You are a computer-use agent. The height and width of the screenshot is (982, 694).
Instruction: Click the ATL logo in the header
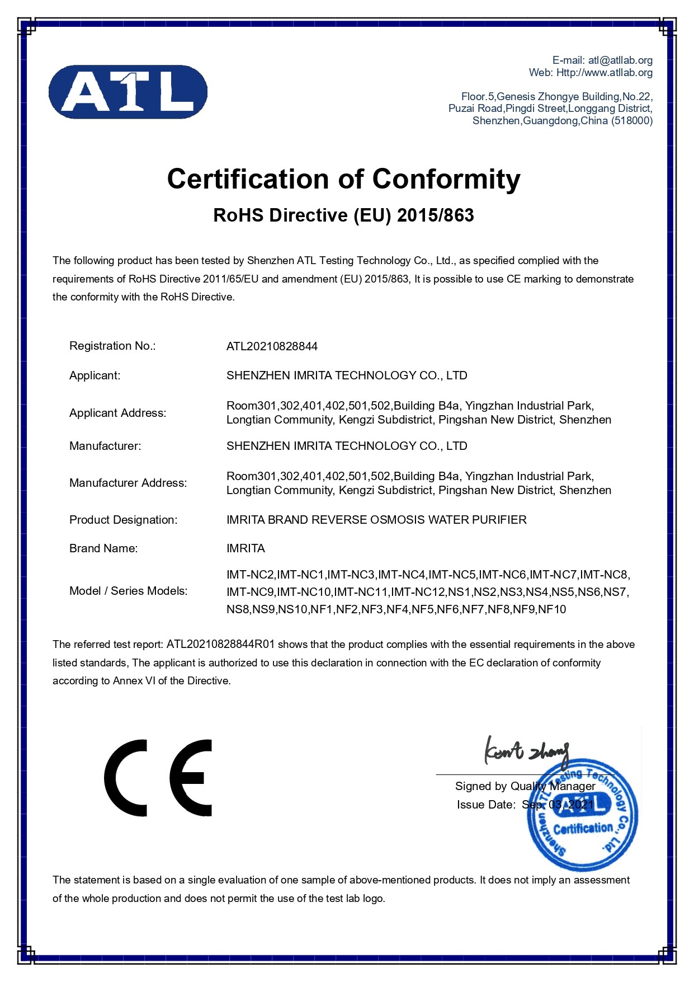pyautogui.click(x=128, y=92)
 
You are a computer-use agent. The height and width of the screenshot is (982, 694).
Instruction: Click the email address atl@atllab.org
pyautogui.click(x=620, y=60)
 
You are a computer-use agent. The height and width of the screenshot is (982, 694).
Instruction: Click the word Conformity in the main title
pyautogui.click(x=446, y=180)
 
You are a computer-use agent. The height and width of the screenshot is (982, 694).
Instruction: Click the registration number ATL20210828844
pyautogui.click(x=272, y=346)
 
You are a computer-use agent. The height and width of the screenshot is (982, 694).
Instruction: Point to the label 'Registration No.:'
pyautogui.click(x=112, y=346)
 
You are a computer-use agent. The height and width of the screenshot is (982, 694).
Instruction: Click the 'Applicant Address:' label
pyautogui.click(x=117, y=413)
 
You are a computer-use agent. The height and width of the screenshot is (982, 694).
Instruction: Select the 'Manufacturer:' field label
pyautogui.click(x=105, y=446)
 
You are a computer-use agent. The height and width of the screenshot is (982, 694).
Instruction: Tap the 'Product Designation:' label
pyautogui.click(x=123, y=520)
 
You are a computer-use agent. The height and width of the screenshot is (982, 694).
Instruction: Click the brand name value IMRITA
pyautogui.click(x=246, y=548)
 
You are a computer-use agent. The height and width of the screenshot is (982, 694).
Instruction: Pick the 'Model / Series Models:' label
pyautogui.click(x=128, y=591)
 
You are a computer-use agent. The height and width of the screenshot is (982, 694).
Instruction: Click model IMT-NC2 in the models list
pyautogui.click(x=250, y=575)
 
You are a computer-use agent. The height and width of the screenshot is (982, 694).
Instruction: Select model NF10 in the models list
pyautogui.click(x=552, y=609)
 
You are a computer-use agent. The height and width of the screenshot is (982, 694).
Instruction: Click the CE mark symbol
pyautogui.click(x=158, y=778)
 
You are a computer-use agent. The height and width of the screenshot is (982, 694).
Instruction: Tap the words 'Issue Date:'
pyautogui.click(x=486, y=805)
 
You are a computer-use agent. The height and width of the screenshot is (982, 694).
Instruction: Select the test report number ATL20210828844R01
pyautogui.click(x=220, y=645)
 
